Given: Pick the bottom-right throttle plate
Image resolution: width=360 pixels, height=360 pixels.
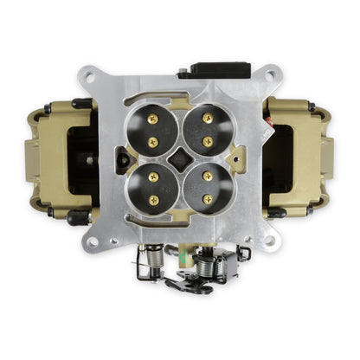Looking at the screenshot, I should click(x=207, y=188).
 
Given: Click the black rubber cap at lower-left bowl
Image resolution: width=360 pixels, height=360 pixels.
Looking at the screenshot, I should click(x=75, y=218).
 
